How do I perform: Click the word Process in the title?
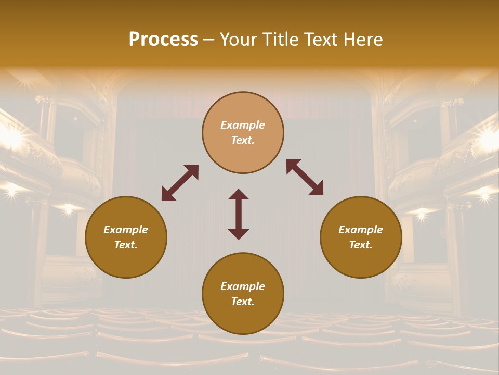click(163, 40)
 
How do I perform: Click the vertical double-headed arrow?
click(239, 214)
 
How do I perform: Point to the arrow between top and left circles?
click(180, 183)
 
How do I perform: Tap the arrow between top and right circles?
click(305, 177)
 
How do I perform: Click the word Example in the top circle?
click(243, 125)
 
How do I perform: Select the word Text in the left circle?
click(126, 245)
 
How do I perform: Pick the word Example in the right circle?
click(361, 230)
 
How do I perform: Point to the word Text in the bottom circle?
click(243, 302)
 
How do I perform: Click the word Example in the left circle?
click(126, 230)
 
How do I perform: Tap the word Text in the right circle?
click(361, 245)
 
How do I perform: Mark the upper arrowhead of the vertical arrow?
click(239, 194)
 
